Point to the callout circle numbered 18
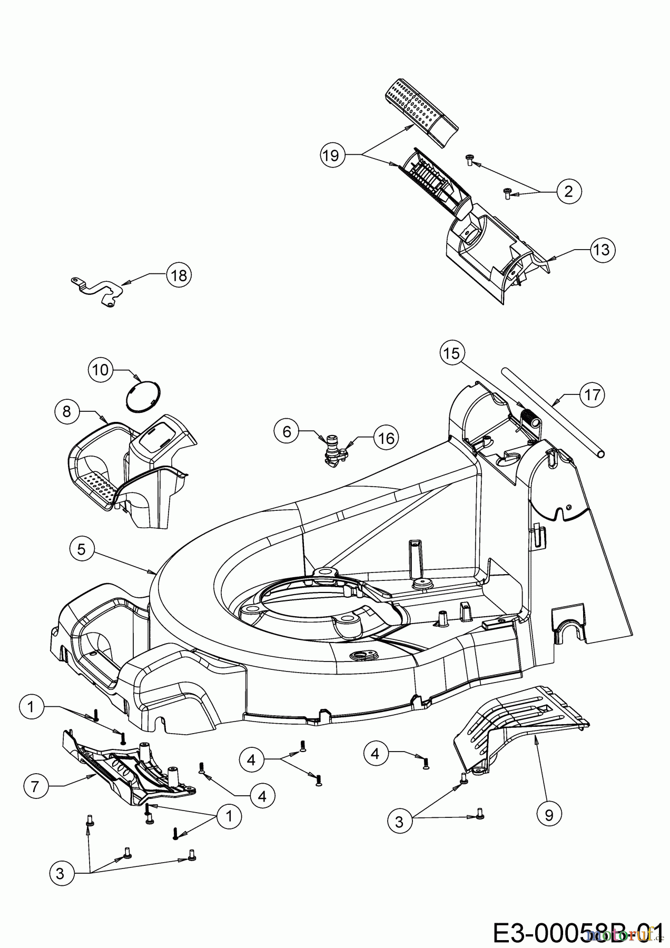[x=179, y=275]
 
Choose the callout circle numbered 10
[x=100, y=370]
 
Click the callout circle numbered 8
[x=67, y=410]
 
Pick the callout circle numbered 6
[x=287, y=432]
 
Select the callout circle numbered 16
[x=386, y=438]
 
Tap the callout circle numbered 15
[x=451, y=353]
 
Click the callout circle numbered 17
[x=592, y=394]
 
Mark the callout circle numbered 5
[x=81, y=549]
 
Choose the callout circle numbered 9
[x=549, y=815]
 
